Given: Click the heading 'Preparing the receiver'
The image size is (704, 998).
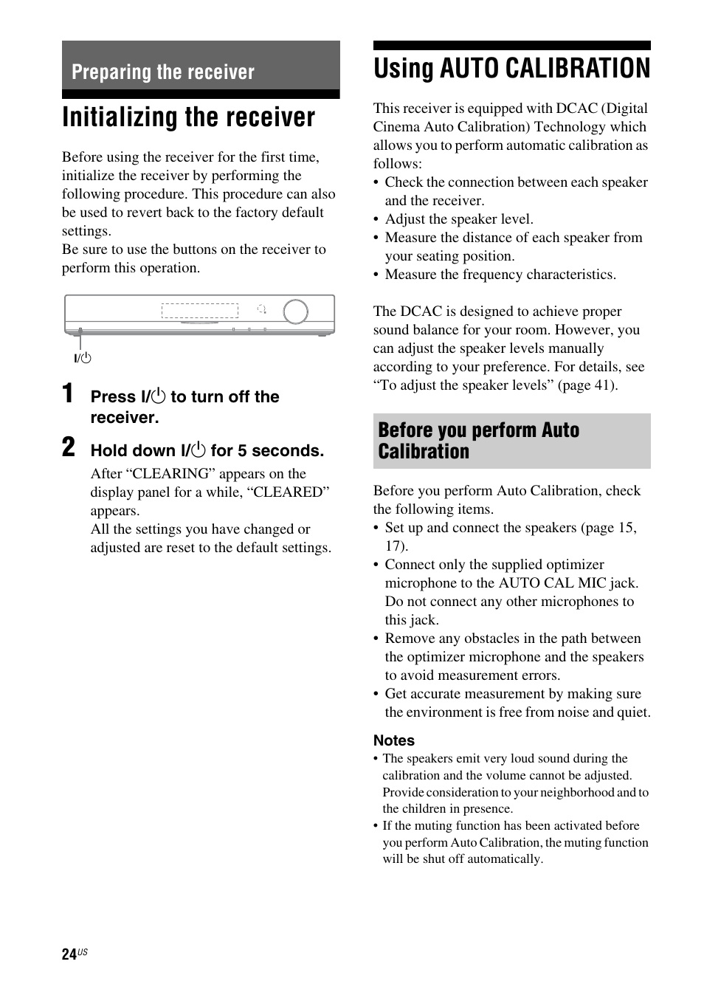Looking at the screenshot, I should click(x=162, y=72).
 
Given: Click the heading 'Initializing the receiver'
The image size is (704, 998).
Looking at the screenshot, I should click(x=188, y=118).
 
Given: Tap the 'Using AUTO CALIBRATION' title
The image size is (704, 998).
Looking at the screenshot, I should click(x=511, y=69).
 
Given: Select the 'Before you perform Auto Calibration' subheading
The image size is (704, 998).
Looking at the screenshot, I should click(x=478, y=441).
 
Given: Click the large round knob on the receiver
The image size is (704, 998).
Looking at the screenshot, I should click(x=295, y=311).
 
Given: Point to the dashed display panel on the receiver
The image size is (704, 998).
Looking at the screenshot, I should click(x=200, y=311).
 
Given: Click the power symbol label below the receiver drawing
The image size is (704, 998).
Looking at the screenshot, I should click(x=82, y=358).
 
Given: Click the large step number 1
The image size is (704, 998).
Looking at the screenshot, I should click(x=68, y=394).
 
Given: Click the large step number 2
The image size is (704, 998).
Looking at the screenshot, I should click(x=68, y=447).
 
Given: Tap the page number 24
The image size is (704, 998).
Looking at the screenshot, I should click(x=69, y=954).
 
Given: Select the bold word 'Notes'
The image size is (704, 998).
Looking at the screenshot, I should click(x=393, y=740).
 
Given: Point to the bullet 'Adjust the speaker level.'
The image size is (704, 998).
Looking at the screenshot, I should click(x=458, y=219).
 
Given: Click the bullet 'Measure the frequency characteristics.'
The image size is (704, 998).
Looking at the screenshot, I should click(x=500, y=275).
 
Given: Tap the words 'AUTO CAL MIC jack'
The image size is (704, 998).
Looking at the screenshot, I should click(x=568, y=583).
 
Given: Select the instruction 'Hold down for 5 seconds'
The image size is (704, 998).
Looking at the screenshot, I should click(x=207, y=450).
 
